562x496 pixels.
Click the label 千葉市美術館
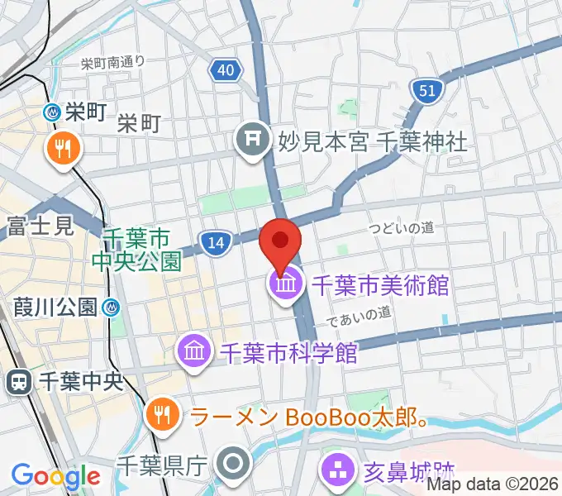click(x=379, y=286)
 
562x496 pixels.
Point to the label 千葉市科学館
click(x=288, y=354)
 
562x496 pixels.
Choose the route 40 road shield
click(x=226, y=71)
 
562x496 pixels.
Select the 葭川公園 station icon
click(x=112, y=308)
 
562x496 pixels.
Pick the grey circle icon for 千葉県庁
click(x=234, y=464)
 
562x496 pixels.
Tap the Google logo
click(x=55, y=476)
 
